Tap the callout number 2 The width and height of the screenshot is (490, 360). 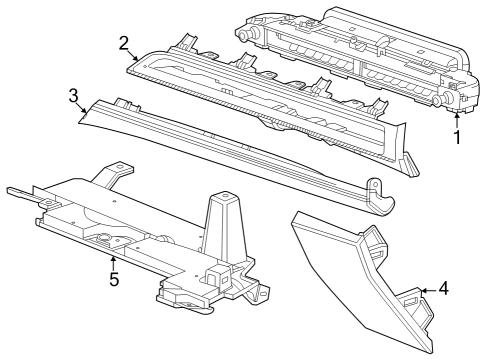tap(123, 43)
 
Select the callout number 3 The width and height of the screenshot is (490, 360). tap(73, 96)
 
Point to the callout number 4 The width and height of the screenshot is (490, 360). tap(444, 291)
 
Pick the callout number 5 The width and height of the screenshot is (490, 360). tap(114, 279)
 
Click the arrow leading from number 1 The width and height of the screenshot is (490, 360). tap(458, 117)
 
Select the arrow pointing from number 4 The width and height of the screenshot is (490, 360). tap(425, 291)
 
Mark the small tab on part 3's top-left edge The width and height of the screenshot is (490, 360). tap(124, 102)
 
